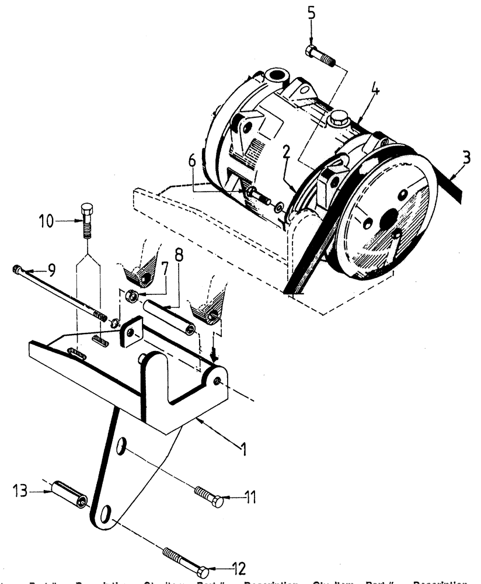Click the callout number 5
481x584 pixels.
tap(311, 13)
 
